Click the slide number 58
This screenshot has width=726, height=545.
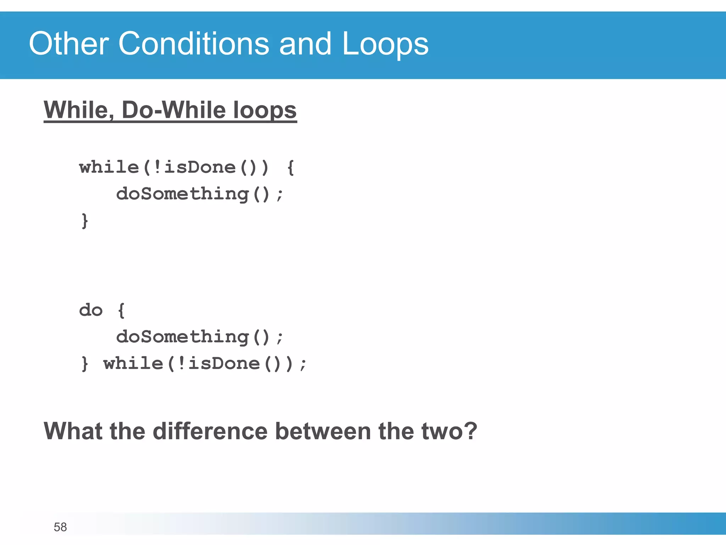(60, 527)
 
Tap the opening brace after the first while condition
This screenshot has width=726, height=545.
(291, 167)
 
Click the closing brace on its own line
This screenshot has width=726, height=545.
(84, 221)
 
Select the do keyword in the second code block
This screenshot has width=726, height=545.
(91, 310)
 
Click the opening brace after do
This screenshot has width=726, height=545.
(121, 310)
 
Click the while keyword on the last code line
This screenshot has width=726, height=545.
(133, 363)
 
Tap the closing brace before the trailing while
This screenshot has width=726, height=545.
(84, 364)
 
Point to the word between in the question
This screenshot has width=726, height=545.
(323, 431)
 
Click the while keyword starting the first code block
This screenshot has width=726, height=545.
(109, 167)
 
